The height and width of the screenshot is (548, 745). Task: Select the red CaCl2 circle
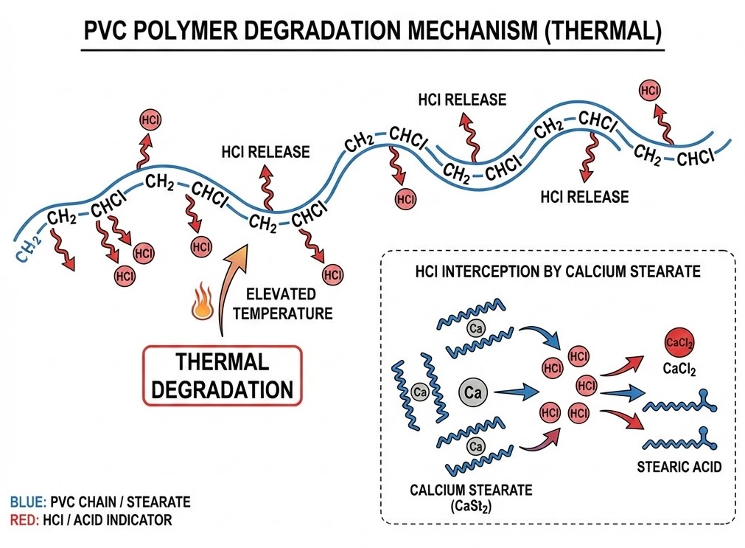point(677,344)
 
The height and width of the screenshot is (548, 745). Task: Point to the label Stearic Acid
point(678,466)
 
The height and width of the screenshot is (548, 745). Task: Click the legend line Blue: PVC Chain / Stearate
point(100,502)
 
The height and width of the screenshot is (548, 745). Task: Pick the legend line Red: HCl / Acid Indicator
point(91,520)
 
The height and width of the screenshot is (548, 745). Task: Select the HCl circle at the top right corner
point(650,91)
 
